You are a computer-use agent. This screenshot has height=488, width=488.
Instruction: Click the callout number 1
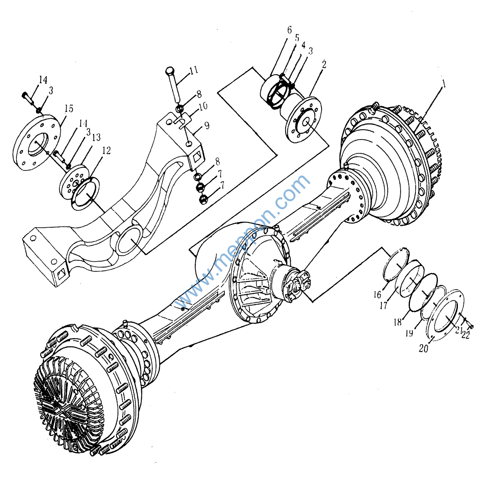(443, 84)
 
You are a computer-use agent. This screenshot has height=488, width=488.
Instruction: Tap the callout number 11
(194, 71)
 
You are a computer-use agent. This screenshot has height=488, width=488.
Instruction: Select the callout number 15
(68, 109)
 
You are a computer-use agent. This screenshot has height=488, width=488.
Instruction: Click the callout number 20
(423, 349)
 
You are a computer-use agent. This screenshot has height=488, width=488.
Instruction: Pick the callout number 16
(378, 294)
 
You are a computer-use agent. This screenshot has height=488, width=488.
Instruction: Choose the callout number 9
(207, 125)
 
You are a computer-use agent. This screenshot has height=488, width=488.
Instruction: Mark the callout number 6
(289, 30)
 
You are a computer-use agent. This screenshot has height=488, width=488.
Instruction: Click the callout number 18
(397, 322)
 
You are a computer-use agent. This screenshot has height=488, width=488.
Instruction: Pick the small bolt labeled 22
(469, 325)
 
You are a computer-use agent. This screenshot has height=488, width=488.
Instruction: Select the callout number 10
(203, 106)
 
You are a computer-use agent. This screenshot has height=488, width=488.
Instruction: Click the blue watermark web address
(244, 242)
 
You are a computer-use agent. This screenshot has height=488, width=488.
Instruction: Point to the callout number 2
(324, 64)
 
